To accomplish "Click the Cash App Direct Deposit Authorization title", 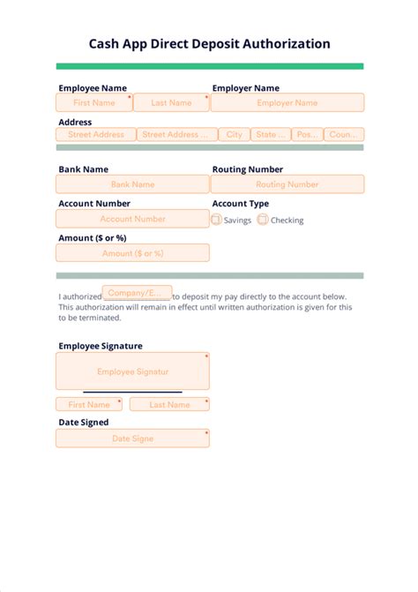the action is [209, 43].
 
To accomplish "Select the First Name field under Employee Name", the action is [94, 102].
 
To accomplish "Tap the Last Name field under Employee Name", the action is [171, 102].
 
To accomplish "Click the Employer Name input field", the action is [287, 102].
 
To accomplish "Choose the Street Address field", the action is [96, 135].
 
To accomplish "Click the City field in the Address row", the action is [234, 135].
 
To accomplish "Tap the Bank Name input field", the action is [132, 184].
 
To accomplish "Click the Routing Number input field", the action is [287, 184].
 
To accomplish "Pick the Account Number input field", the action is [132, 219].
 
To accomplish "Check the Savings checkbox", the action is [217, 220].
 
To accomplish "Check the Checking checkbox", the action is [263, 220].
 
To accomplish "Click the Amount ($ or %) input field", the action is [132, 253].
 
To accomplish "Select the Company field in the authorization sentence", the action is [137, 293].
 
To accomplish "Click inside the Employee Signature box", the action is [132, 371].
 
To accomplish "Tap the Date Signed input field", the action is [132, 438].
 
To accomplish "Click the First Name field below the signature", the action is [89, 404].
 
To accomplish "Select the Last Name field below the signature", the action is [169, 404].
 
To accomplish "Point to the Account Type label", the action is [241, 203].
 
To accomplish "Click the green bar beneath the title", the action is [209, 66].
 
